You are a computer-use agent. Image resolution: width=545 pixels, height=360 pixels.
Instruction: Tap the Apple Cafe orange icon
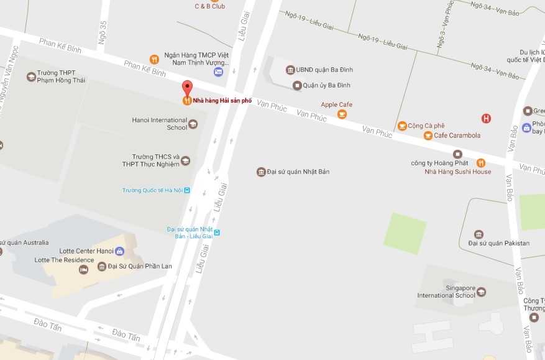click(x=342, y=114)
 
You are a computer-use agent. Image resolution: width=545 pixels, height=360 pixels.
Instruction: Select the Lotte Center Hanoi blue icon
click(x=120, y=251)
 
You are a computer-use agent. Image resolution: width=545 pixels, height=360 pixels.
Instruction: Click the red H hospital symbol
click(x=486, y=118)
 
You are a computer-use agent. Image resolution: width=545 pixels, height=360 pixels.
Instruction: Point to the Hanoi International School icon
click(x=193, y=124)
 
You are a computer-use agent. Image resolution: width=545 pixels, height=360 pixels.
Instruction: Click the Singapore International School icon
click(x=481, y=292)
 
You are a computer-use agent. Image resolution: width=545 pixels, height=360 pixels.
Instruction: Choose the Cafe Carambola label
click(x=457, y=136)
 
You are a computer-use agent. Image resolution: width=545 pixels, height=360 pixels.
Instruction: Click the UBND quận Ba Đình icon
click(x=290, y=70)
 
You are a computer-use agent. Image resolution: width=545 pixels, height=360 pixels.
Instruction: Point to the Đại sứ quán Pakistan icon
click(x=479, y=234)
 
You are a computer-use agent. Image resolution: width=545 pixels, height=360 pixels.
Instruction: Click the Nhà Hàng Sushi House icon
click(x=480, y=163)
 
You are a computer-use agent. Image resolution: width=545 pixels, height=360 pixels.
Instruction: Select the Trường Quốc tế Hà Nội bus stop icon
click(x=187, y=190)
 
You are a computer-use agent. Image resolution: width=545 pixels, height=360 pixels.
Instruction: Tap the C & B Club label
click(x=209, y=6)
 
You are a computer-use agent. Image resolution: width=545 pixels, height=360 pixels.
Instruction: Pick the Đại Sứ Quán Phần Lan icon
click(x=102, y=267)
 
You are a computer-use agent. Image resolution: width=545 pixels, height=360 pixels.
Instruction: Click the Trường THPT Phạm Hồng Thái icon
click(x=31, y=76)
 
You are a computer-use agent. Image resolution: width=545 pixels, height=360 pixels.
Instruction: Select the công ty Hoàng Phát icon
click(x=457, y=154)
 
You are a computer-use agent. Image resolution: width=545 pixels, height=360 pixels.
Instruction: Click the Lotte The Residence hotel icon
click(x=83, y=270)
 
